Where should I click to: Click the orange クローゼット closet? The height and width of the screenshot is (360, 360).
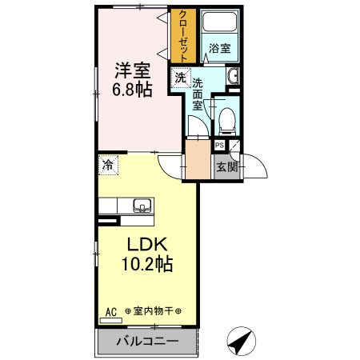point(184,37)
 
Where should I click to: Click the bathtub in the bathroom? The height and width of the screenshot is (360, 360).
point(219,25)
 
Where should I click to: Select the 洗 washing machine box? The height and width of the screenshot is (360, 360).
point(181,78)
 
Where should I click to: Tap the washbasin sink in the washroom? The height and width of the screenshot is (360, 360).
point(233,77)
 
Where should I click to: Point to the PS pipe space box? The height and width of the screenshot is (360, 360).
point(219,146)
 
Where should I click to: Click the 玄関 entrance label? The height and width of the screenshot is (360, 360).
point(226,167)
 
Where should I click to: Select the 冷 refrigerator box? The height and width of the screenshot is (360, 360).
point(107,166)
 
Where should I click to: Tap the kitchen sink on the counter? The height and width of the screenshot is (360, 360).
point(141,205)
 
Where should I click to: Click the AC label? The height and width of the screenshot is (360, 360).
point(110,311)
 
